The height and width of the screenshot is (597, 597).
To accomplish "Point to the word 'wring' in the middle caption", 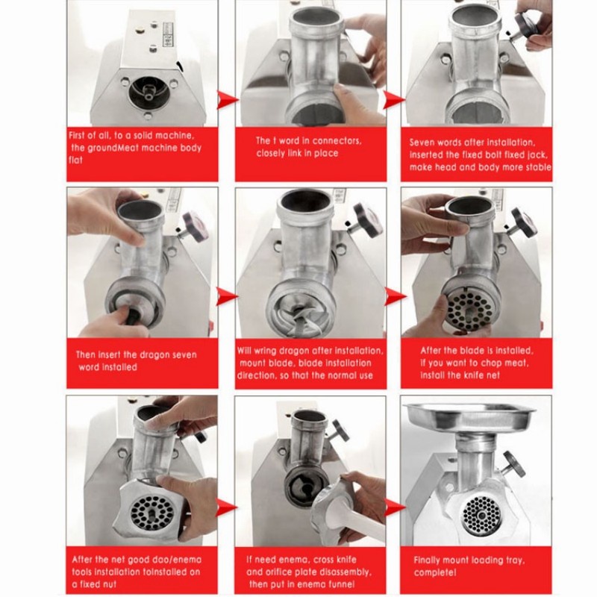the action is point(265,351).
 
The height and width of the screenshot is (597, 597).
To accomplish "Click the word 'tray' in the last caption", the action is point(515,560).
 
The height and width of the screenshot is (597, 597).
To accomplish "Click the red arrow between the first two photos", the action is point(228,100).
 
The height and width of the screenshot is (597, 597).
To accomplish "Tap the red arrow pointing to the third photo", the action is point(394,100).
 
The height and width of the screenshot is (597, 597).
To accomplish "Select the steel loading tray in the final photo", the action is point(469,419).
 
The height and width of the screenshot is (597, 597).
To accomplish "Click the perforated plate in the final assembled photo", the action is point(482,515).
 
